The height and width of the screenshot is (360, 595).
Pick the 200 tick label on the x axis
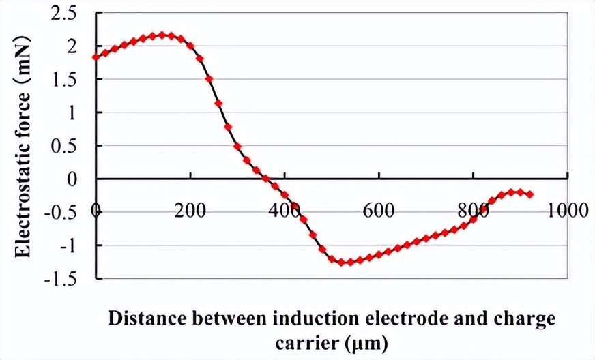coord(190,210)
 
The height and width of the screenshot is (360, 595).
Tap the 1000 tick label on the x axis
coord(567,210)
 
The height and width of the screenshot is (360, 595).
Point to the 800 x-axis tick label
coord(471,210)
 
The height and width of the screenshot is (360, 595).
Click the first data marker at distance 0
coord(96,57)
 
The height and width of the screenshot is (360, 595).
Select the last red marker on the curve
coord(529,195)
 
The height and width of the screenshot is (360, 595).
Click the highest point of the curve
coord(162,35)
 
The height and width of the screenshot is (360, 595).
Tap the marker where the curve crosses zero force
coord(265,179)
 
